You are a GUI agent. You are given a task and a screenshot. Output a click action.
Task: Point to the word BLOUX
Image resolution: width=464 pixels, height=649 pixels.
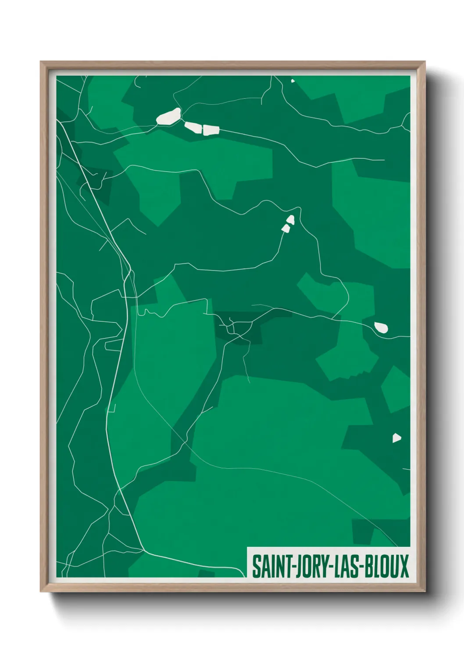(x=386, y=566)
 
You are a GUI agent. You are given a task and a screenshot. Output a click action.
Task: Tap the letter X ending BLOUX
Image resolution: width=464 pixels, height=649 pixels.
(x=403, y=566)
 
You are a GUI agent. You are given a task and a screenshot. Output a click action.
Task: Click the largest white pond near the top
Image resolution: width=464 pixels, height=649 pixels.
(x=169, y=117)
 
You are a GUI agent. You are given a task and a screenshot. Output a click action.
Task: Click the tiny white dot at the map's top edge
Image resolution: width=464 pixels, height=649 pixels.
(x=293, y=81)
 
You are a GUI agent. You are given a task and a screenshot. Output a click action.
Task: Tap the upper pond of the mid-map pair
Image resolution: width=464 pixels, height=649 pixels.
(x=290, y=219)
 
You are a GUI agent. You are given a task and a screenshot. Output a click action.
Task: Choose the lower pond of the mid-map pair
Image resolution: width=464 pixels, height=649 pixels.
(x=286, y=228)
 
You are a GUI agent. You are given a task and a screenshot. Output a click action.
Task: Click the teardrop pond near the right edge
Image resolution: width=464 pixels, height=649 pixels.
(x=381, y=327)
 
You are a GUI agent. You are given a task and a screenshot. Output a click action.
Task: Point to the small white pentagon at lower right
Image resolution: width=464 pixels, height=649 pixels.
(x=396, y=438)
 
